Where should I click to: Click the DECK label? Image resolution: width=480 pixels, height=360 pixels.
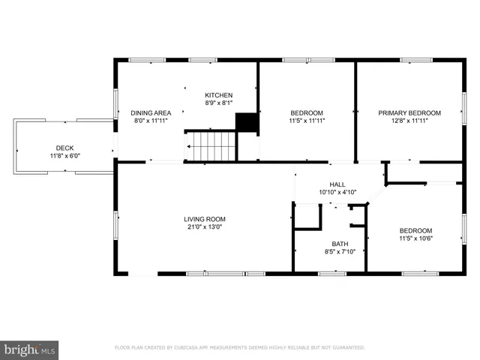coord(64,148)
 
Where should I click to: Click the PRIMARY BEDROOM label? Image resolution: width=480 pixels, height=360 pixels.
coord(409,112)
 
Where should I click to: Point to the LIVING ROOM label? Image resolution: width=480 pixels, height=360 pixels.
coord(204,219)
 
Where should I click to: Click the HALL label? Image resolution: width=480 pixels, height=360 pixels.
coord(337,184)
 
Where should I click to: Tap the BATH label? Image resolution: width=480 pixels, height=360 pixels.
coord(340,244)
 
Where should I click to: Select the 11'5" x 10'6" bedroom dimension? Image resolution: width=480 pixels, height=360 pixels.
coord(415,238)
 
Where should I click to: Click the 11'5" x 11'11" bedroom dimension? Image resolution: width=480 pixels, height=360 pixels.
coord(306,120)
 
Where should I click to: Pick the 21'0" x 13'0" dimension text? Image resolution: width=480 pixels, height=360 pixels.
coord(204,226)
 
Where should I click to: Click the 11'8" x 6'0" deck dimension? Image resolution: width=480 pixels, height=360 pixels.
coord(64,155)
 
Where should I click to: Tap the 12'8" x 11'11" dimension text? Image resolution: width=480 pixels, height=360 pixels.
coord(409,120)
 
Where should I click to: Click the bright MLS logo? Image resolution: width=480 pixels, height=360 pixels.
coord(30,349)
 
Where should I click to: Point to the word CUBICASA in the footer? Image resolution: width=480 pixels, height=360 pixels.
coord(190,347)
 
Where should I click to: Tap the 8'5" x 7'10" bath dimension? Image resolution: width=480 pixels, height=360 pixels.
coord(340,251)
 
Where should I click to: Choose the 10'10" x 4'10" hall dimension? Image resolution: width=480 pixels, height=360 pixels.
coord(337,191)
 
